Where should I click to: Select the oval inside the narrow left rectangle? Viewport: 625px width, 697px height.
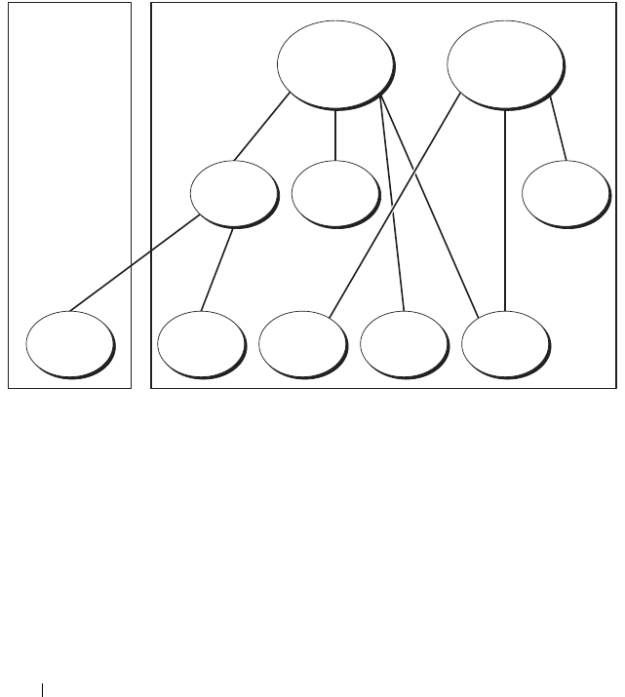coord(68,343)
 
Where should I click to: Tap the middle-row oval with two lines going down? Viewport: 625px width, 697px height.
coord(232,192)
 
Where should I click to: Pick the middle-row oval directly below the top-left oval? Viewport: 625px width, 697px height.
coord(333,192)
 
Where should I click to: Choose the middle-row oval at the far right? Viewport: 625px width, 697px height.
coord(565,192)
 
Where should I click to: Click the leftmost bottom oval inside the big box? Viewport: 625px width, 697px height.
coord(200,343)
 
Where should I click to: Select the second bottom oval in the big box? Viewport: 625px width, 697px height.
coord(302,343)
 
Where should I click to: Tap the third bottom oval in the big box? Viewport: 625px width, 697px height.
coord(403,343)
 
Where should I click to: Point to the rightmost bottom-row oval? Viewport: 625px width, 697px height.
coord(504,343)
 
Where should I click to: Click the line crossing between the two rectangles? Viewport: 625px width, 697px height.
coord(141,264)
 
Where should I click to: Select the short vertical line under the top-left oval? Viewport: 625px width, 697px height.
coord(335,134)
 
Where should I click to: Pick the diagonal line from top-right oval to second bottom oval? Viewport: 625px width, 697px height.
coord(394,206)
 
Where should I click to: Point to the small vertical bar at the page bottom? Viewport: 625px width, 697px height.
coord(42,689)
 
